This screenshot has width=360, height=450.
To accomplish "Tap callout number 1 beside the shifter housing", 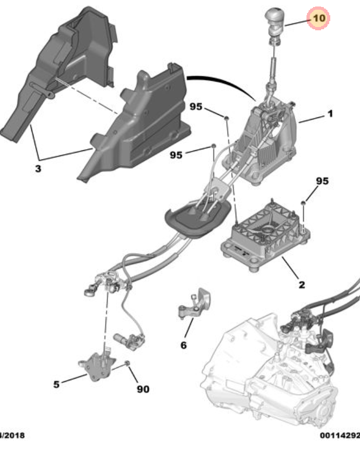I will [x=329, y=114].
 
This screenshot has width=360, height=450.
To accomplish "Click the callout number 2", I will [x=301, y=284].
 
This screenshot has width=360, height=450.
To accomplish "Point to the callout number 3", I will [x=38, y=169].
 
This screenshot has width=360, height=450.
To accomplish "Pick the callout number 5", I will [x=56, y=385].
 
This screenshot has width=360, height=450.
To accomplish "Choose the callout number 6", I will [x=183, y=345].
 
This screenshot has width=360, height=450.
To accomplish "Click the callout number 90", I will [x=143, y=388].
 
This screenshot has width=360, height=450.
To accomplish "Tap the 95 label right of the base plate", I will [x=322, y=181].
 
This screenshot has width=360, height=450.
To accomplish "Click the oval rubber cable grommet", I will [x=194, y=220].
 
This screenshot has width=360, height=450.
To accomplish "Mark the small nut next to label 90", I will [x=128, y=363].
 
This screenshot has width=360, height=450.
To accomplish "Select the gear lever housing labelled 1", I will [x=270, y=141].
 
